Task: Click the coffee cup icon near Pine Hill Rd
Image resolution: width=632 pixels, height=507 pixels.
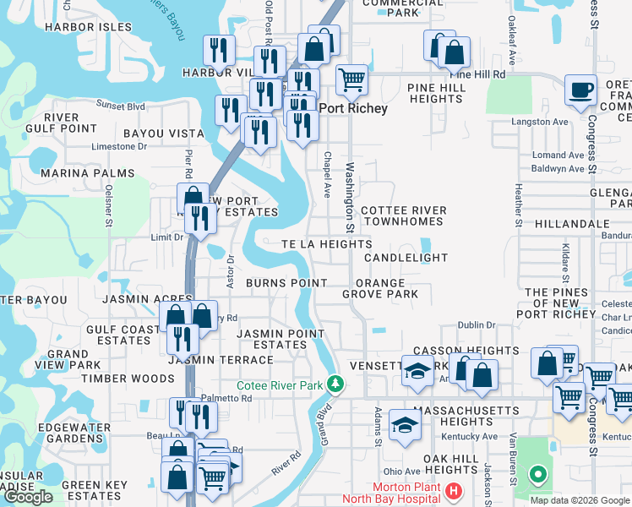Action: point(580,90)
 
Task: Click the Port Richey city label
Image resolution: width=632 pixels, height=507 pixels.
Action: point(352,109)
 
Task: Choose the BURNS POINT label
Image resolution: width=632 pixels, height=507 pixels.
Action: point(286,283)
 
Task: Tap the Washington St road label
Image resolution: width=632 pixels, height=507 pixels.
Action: point(349,194)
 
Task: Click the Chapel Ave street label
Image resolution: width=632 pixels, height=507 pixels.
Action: point(326,175)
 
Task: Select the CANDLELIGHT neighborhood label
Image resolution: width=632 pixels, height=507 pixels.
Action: point(406,257)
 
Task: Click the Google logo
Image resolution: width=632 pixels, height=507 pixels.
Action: point(28,497)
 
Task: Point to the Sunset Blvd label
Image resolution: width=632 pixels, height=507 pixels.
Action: point(121,106)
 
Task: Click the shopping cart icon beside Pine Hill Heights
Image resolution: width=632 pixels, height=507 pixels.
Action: point(351,80)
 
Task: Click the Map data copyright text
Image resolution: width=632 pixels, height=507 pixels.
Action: point(579,500)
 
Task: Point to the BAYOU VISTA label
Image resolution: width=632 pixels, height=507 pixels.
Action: point(164,134)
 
